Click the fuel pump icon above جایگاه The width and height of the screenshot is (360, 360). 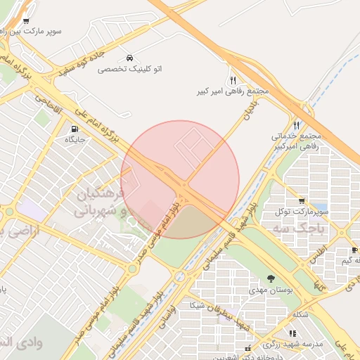[75, 129]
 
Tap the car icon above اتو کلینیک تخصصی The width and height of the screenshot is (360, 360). [129, 57]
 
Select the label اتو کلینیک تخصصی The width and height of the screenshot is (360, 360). [129, 69]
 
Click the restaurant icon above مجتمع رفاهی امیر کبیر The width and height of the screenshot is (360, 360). [233, 79]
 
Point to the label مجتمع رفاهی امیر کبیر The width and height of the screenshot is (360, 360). [234, 91]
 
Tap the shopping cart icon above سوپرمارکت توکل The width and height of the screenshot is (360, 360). [302, 200]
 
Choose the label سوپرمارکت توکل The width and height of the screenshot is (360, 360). [303, 211]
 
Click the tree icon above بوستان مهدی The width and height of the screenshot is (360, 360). [271, 279]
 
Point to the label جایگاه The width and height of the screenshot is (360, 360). [75, 140]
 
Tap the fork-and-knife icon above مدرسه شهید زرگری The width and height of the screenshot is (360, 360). [292, 333]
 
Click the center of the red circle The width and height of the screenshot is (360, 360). [180, 179]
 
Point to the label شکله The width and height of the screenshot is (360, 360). [300, 314]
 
